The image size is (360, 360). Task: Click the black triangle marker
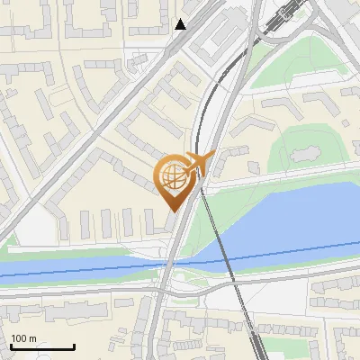coord(181,25)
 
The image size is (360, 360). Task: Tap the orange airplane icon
coord(200,164)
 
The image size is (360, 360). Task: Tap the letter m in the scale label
coord(32,338)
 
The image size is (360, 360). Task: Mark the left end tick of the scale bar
coord(10,346)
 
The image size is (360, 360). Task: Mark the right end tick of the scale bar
coord(74,346)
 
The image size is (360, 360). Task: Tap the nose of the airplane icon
coord(214,157)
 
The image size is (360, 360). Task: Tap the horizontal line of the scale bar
coord(41,347)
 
